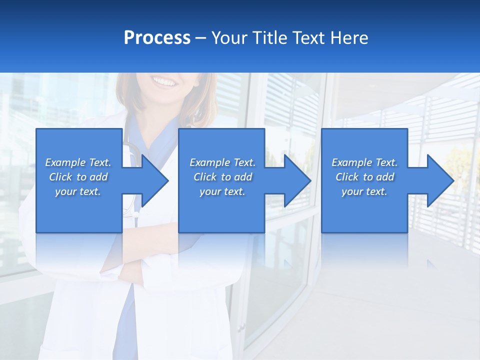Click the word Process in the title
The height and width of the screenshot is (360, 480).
pyautogui.click(x=157, y=38)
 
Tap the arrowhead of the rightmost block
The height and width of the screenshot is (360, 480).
pyautogui.click(x=448, y=180)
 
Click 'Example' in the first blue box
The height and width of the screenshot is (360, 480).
pyautogui.click(x=65, y=162)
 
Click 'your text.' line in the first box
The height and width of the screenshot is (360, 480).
pyautogui.click(x=78, y=191)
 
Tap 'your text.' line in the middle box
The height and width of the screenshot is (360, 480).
pyautogui.click(x=222, y=191)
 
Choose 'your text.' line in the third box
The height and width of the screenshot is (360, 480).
pyautogui.click(x=364, y=191)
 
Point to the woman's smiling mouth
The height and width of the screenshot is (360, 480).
pyautogui.click(x=164, y=81)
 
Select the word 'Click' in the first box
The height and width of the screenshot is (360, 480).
pyautogui.click(x=60, y=177)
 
